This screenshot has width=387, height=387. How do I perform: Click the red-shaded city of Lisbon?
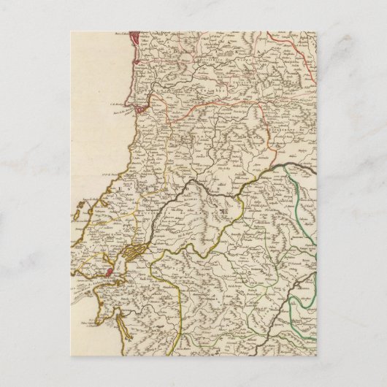[x=109, y=272]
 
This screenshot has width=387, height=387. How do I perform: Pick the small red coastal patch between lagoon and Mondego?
[x=134, y=80]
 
